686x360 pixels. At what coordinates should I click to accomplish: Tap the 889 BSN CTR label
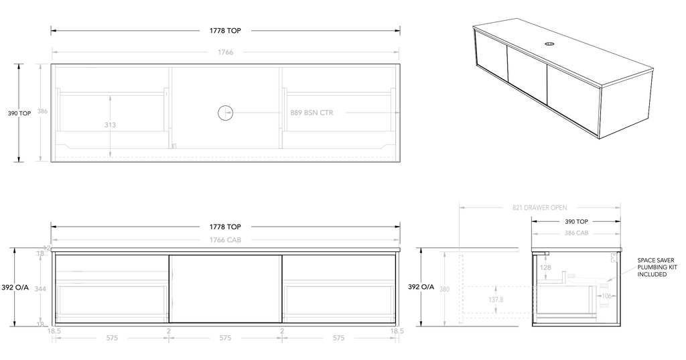[312, 113]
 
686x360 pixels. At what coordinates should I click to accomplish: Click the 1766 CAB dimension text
[224, 239]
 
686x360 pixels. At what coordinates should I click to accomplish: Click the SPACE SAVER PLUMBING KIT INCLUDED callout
[656, 267]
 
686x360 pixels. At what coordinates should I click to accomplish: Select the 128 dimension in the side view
[545, 268]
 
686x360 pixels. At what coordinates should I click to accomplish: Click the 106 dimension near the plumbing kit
[607, 296]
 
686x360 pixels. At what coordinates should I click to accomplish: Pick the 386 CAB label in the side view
[576, 233]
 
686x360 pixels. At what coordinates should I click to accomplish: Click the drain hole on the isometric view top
[549, 45]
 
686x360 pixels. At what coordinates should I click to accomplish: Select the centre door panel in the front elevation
[224, 289]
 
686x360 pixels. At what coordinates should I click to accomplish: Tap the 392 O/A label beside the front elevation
[21, 288]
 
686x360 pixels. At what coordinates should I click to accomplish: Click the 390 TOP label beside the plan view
[19, 113]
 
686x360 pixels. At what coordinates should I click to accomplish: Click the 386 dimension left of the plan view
[43, 112]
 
